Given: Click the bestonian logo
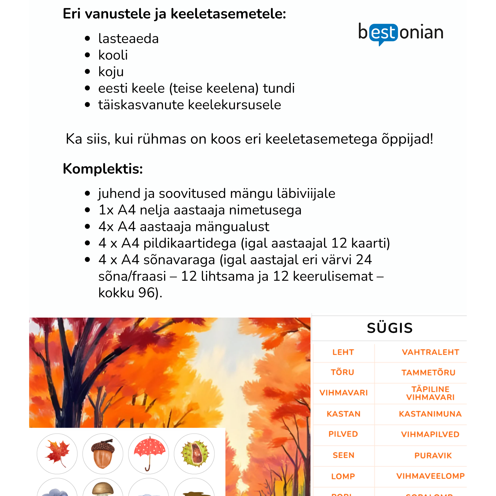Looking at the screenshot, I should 401,33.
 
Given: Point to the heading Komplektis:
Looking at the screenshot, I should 103,169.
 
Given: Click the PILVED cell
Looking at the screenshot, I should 343,434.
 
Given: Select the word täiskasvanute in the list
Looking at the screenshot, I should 141,105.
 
